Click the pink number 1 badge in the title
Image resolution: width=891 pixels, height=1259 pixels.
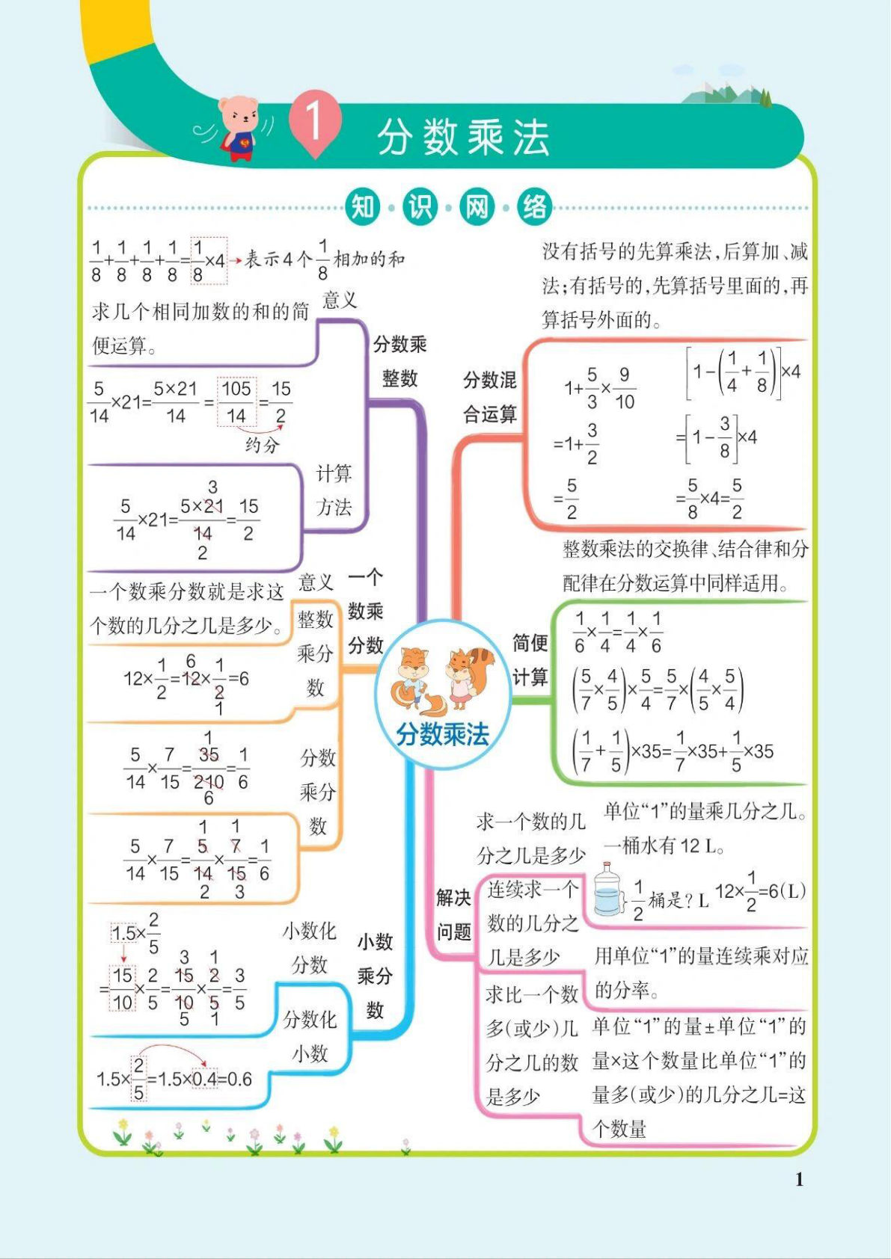[x=315, y=121]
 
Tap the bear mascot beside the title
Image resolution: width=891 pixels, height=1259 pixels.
[x=238, y=128]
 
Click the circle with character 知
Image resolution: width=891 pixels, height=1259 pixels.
[x=363, y=207]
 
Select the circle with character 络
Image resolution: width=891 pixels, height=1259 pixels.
[x=534, y=207]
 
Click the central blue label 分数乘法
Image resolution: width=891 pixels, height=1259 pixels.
[x=443, y=735]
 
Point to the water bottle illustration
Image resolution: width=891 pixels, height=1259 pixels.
[x=609, y=890]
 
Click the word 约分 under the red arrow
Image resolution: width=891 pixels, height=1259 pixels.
[x=262, y=445]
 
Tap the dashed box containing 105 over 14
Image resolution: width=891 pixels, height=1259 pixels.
[x=236, y=401]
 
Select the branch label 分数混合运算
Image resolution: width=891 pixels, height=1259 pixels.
[x=489, y=396]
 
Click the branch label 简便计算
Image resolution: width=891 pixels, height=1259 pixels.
[x=530, y=660]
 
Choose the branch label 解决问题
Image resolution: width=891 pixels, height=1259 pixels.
[x=453, y=914]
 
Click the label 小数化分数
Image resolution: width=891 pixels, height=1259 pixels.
[x=309, y=947]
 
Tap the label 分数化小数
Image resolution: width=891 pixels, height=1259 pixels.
[x=309, y=1036]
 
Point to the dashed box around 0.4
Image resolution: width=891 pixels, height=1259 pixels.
[x=204, y=1079]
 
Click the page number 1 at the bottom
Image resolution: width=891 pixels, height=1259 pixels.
[x=799, y=1179]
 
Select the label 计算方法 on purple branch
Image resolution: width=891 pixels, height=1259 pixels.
[x=334, y=490]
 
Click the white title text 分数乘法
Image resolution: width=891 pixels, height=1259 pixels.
[x=464, y=138]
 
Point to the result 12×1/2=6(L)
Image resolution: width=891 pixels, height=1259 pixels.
[x=759, y=891]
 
